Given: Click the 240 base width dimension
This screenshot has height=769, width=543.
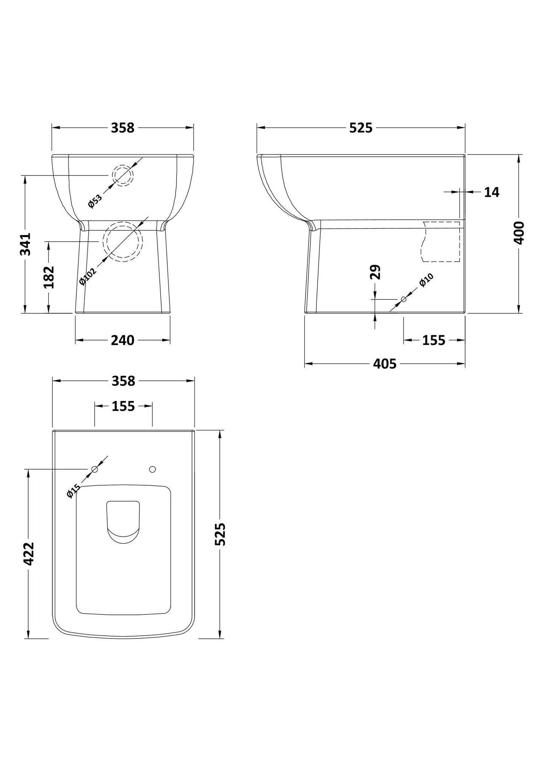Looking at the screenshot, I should [123, 340].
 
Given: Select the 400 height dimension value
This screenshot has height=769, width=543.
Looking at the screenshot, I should [519, 233].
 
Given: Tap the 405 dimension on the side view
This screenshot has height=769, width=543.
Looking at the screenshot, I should [385, 364].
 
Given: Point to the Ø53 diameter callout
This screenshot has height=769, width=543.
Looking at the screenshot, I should [95, 201].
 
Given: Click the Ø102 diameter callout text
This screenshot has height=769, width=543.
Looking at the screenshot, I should [88, 275].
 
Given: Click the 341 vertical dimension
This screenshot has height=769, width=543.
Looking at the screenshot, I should [26, 244].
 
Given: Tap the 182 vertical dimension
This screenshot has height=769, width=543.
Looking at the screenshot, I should [49, 277].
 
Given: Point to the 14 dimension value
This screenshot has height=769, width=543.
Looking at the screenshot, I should [492, 192].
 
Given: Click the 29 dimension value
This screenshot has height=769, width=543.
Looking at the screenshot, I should [375, 272].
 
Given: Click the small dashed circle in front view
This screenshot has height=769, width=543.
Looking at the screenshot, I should [123, 175].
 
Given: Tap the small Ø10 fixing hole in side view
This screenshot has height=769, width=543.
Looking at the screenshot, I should [404, 299].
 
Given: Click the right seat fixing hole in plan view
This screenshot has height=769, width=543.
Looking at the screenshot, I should [152, 469].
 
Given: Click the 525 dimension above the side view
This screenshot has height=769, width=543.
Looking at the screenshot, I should [361, 128].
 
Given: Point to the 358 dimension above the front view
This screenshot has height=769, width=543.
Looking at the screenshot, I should [123, 128].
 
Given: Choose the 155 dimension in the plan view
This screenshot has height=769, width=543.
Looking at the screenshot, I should [123, 406].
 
